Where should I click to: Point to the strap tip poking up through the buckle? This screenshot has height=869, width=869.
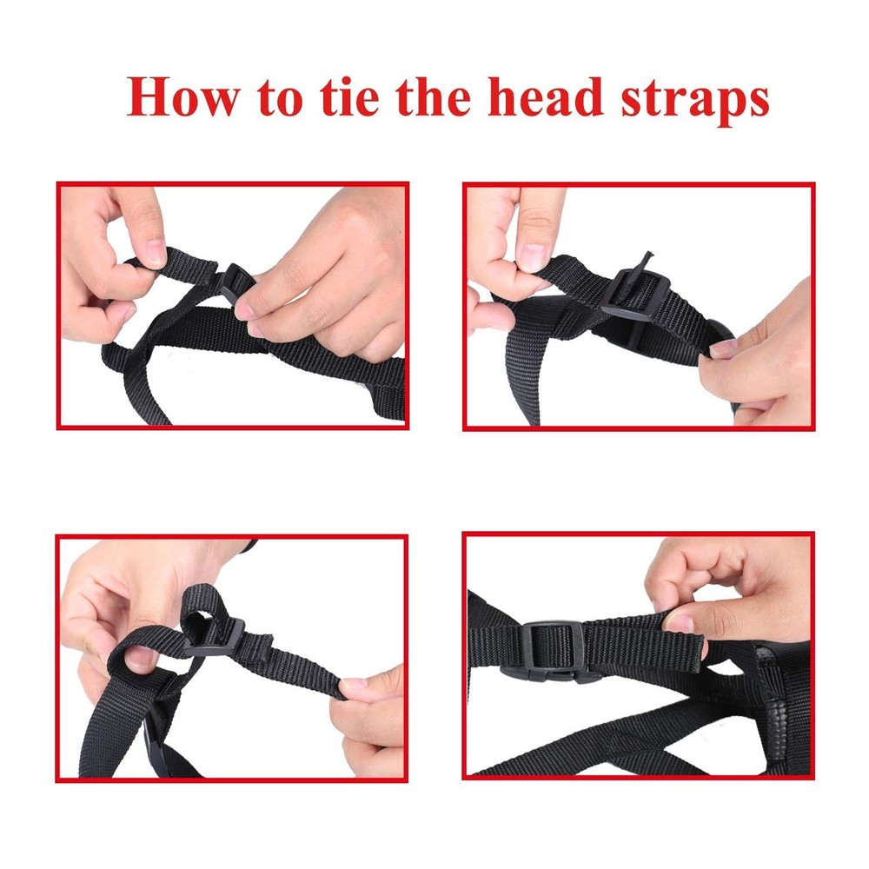[644, 261]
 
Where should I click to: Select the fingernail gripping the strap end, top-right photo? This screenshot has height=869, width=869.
[723, 350]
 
